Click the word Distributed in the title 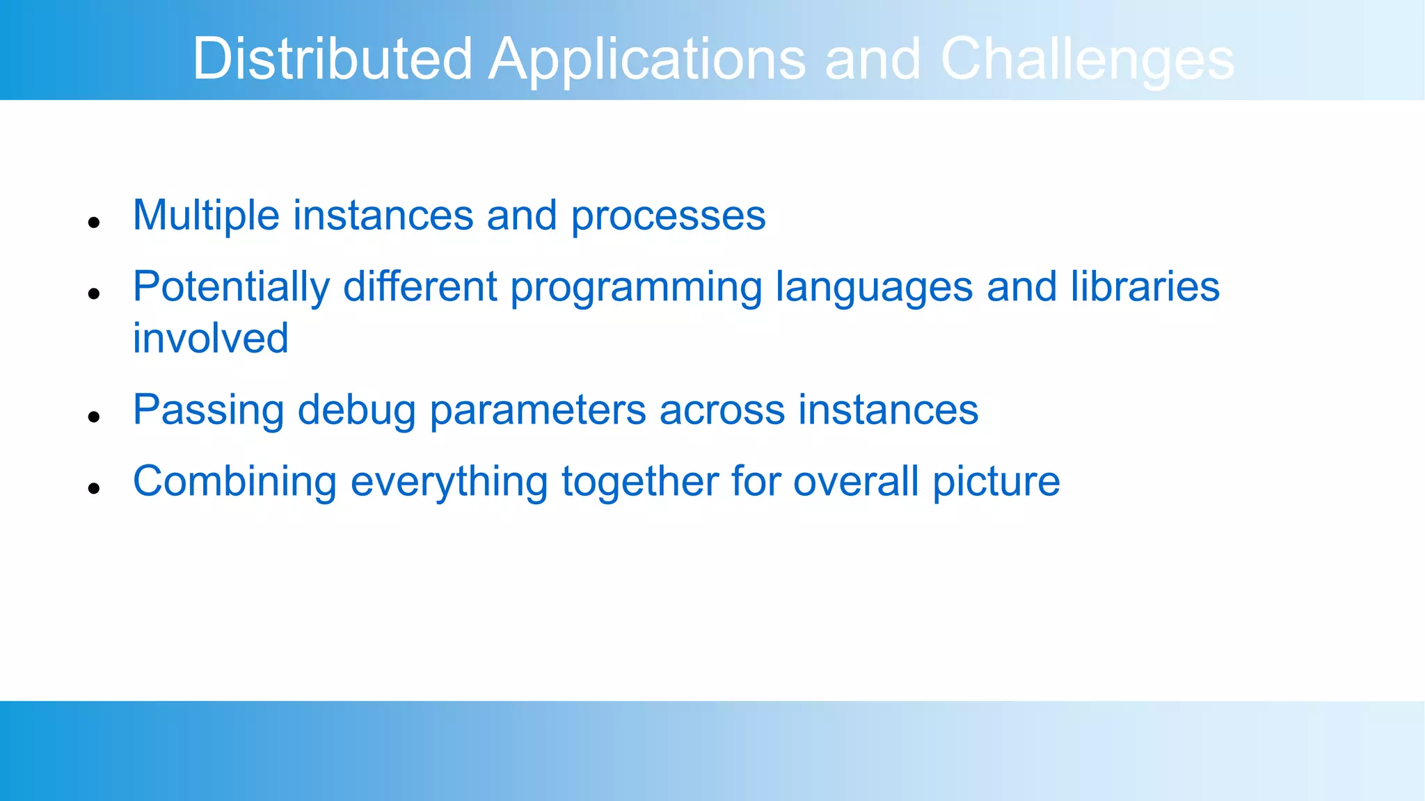click(332, 58)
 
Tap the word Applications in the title click(646, 58)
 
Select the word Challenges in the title click(1087, 58)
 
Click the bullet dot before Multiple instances click(95, 222)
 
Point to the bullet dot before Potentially click(95, 293)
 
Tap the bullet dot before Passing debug click(95, 417)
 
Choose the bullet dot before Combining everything click(95, 488)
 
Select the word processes click(668, 217)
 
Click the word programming click(636, 288)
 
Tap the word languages click(874, 288)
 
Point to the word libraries click(1145, 286)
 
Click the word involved click(210, 339)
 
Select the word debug click(356, 410)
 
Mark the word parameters click(537, 410)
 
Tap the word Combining click(234, 481)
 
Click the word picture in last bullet click(996, 481)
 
